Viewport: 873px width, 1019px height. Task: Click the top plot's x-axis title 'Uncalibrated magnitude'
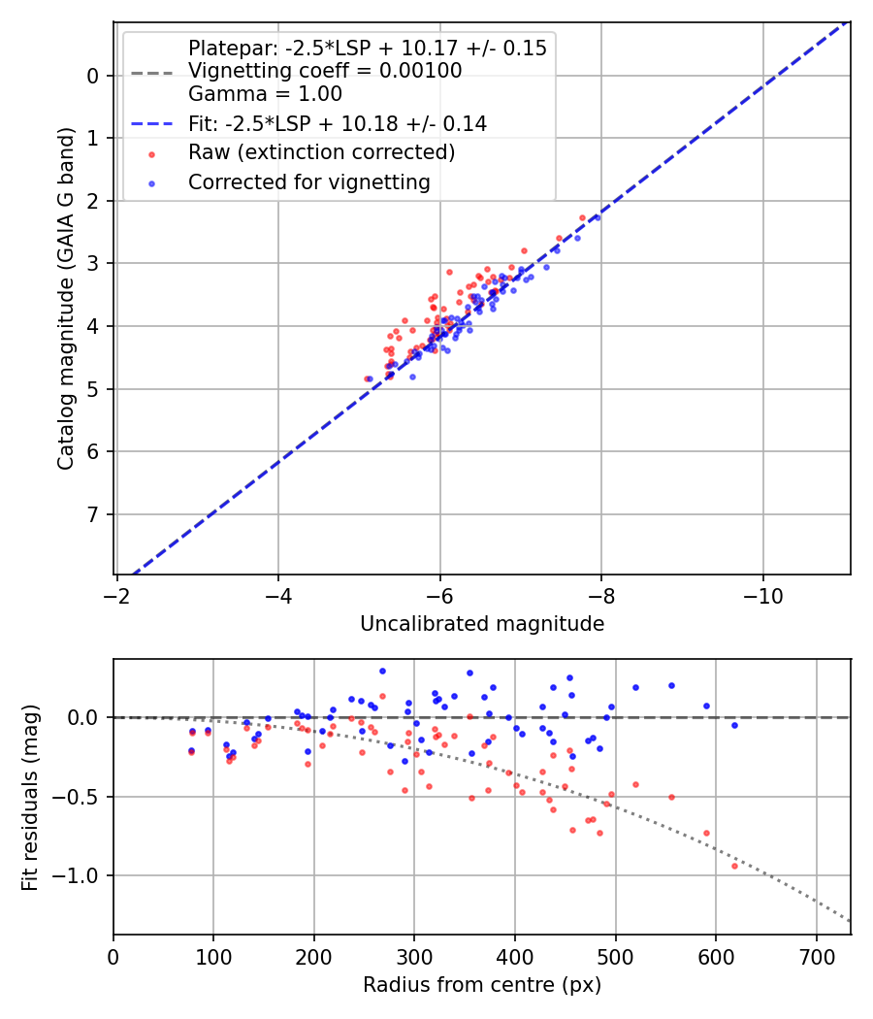482,624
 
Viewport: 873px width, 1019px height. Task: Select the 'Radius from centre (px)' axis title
482,985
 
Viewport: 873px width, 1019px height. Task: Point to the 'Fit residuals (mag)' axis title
30,797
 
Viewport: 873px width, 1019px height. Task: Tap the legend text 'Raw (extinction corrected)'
321,152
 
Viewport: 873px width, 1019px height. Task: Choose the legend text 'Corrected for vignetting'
309,181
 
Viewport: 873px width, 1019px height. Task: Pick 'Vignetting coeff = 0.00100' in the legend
325,71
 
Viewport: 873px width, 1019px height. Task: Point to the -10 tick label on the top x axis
762,593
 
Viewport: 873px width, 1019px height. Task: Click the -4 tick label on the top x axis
278,593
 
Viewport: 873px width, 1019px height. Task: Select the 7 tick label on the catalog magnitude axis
94,514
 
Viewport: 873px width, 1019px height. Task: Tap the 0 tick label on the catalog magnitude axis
94,76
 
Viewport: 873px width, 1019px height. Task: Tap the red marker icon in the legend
151,153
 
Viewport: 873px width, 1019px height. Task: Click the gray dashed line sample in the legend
151,72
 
